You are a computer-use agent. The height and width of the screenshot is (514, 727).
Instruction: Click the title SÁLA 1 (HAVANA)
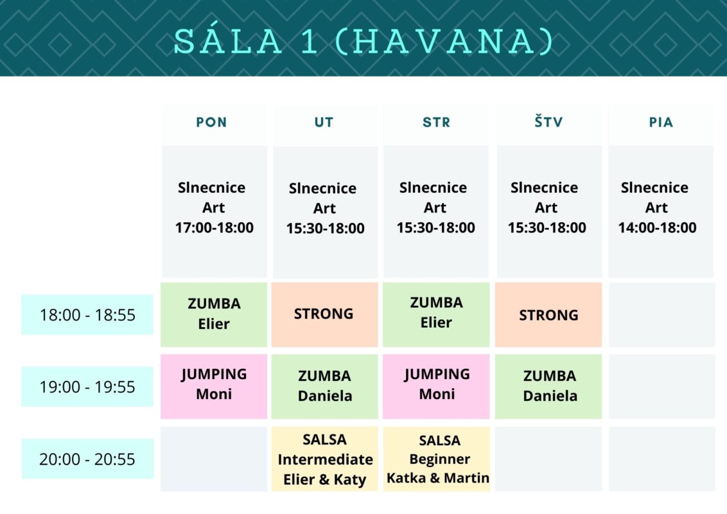click(x=363, y=41)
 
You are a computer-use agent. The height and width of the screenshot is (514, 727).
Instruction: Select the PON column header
click(x=211, y=123)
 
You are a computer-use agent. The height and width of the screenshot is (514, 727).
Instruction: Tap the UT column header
click(x=324, y=123)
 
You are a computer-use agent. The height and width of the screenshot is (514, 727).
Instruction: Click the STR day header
click(x=436, y=123)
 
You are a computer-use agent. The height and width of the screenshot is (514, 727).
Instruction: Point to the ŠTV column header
click(x=548, y=121)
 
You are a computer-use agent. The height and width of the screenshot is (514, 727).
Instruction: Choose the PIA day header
click(x=661, y=123)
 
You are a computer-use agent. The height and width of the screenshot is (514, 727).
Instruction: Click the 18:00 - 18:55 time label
click(x=87, y=315)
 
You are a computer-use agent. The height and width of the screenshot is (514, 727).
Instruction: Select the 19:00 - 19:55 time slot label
click(x=87, y=386)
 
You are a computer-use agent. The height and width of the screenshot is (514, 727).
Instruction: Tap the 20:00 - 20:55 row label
click(x=87, y=459)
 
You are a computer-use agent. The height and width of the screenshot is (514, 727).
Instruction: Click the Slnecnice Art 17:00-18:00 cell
click(x=215, y=211)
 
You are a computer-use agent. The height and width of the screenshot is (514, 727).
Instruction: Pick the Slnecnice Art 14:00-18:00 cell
click(x=661, y=211)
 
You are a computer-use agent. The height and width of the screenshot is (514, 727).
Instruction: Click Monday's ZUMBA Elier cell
click(x=214, y=315)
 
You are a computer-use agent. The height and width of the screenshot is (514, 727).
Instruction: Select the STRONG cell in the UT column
click(x=324, y=315)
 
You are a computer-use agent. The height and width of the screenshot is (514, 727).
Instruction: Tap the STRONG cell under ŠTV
click(x=548, y=315)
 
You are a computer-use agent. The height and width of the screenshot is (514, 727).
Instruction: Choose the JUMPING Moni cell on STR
click(x=436, y=386)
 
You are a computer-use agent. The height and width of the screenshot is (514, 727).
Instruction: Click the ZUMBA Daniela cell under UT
click(x=324, y=386)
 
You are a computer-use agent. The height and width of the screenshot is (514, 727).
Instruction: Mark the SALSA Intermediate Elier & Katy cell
click(x=324, y=459)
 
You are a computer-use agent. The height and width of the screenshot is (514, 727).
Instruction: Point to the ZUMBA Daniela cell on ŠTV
click(x=548, y=386)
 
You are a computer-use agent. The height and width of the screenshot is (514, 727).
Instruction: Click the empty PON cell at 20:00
click(x=214, y=459)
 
